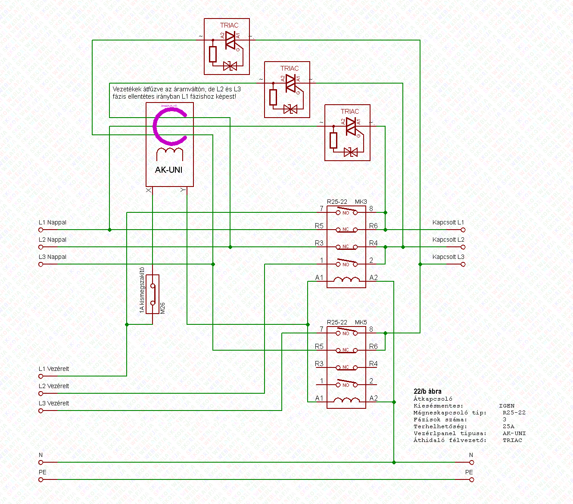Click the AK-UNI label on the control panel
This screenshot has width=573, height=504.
click(168, 170)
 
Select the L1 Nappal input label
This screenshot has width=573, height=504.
click(53, 223)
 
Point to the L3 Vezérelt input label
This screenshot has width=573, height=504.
click(54, 404)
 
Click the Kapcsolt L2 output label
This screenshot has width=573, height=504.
click(448, 240)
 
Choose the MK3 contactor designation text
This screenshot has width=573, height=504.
click(361, 202)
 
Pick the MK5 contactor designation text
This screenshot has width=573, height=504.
click(361, 323)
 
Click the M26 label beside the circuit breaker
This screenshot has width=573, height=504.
click(162, 308)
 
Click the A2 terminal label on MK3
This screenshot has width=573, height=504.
click(374, 278)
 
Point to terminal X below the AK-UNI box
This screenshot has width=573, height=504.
click(149, 190)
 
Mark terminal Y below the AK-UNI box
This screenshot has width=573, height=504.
click(183, 190)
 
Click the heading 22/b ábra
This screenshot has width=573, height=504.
click(427, 392)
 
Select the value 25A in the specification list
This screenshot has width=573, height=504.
click(508, 426)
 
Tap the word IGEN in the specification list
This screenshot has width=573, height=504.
click(507, 406)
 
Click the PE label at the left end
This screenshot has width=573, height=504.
click(43, 473)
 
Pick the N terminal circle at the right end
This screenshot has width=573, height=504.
click(472, 463)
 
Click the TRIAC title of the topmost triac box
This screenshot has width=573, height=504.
click(229, 25)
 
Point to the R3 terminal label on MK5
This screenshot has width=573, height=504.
click(319, 364)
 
